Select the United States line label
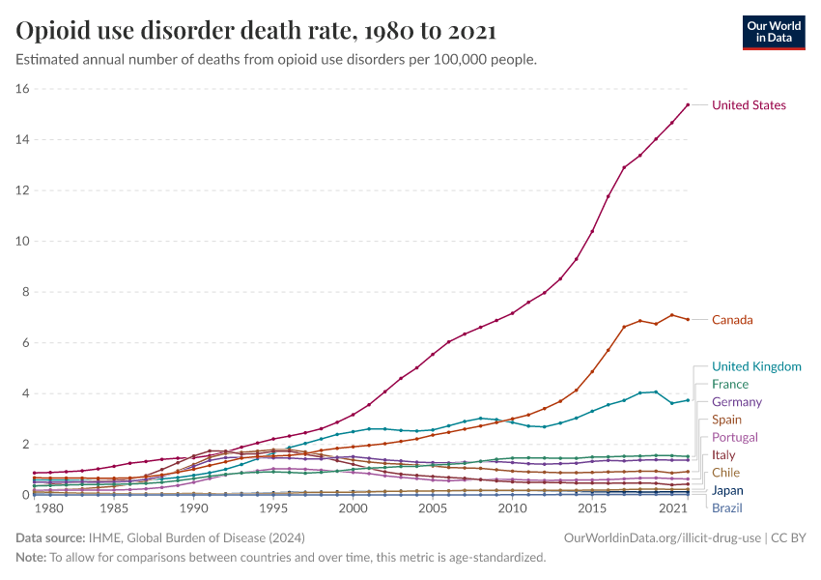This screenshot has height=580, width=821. (749, 105)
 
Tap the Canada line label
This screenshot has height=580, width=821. (732, 320)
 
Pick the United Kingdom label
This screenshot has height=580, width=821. (756, 366)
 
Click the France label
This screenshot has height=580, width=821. (729, 384)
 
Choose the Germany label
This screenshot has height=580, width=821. (736, 402)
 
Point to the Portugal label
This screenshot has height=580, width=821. (734, 437)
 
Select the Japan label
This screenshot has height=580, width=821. (728, 490)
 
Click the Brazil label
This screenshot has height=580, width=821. (728, 507)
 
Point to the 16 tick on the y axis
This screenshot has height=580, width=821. (23, 89)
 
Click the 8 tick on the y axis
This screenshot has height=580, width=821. (27, 292)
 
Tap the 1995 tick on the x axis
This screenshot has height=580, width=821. (273, 508)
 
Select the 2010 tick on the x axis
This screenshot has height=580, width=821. (512, 508)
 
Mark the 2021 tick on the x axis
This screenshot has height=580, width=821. (671, 508)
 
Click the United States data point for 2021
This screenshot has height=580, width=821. (688, 104)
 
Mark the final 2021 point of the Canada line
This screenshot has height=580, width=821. (688, 319)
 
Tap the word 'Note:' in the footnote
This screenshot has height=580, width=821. (33, 558)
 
